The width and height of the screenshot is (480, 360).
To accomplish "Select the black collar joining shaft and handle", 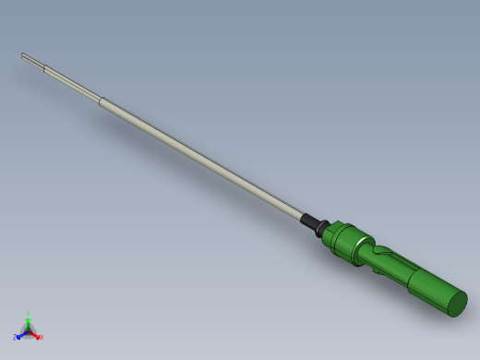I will pyautogui.click(x=315, y=224).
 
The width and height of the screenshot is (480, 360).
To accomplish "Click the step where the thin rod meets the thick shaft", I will pyautogui.click(x=100, y=99).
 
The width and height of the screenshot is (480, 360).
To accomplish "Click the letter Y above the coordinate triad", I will pyautogui.click(x=28, y=313).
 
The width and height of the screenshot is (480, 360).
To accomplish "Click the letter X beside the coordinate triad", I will pyautogui.click(x=41, y=337).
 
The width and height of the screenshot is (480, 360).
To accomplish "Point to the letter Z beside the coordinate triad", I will pyautogui.click(x=15, y=337).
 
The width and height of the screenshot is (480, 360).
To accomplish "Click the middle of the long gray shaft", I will pyautogui.click(x=198, y=157).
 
